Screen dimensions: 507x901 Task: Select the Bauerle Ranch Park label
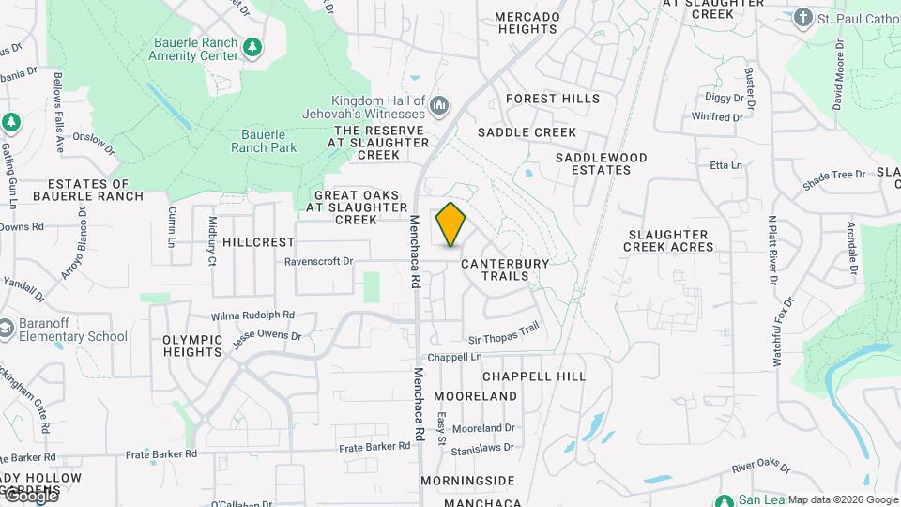pyautogui.click(x=264, y=141)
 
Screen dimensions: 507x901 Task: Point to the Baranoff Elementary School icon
pyautogui.click(x=8, y=329)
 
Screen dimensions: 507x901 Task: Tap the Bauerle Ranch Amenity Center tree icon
pyautogui.click(x=252, y=48)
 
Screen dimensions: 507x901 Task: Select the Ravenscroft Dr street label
pyautogui.click(x=318, y=262)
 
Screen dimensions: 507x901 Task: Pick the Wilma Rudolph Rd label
pyautogui.click(x=252, y=315)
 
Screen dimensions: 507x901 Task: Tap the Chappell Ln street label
pyautogui.click(x=453, y=358)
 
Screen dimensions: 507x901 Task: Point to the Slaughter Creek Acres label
pyautogui.click(x=668, y=240)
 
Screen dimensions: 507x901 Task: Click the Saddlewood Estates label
pyautogui.click(x=601, y=163)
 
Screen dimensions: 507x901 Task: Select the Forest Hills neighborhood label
pyautogui.click(x=553, y=99)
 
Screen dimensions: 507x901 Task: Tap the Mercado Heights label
pyautogui.click(x=527, y=23)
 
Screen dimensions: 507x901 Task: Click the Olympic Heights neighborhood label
pyautogui.click(x=191, y=346)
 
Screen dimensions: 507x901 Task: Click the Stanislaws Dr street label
pyautogui.click(x=484, y=451)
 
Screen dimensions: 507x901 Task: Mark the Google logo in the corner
pyautogui.click(x=30, y=497)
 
